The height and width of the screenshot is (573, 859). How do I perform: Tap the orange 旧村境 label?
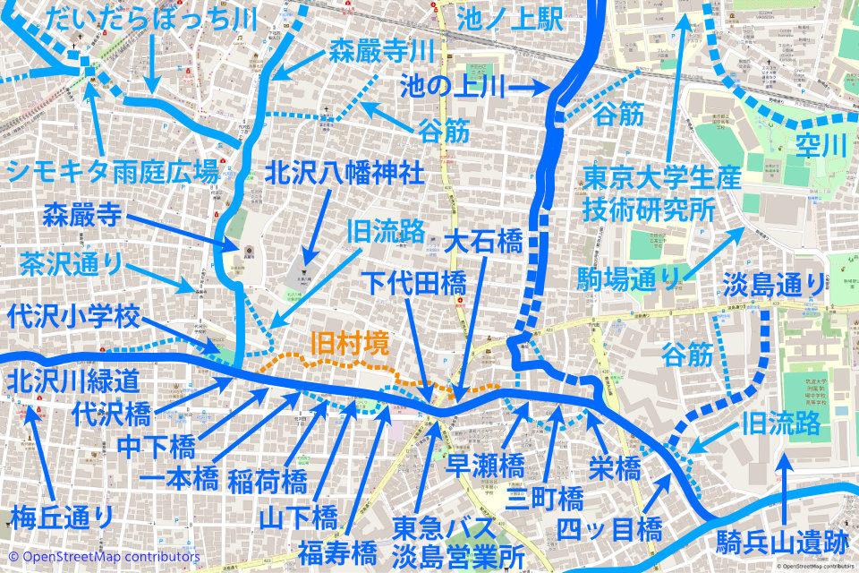(x=350, y=344)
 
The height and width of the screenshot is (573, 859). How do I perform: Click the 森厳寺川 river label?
(x=381, y=48)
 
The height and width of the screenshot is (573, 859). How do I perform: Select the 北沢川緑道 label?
(x=73, y=381)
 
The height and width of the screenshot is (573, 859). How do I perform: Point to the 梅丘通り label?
(x=63, y=517)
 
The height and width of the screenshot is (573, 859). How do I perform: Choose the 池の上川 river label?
(x=453, y=87)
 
